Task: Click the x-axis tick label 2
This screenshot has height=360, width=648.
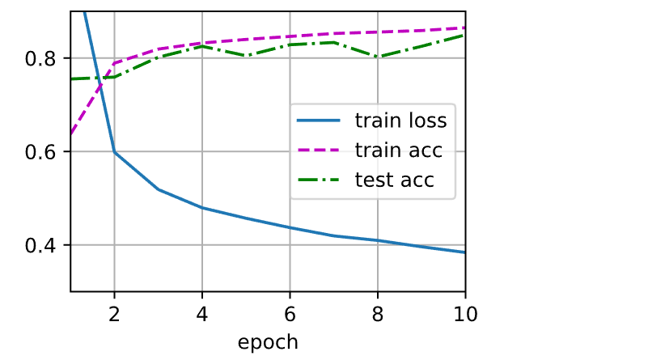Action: tap(114, 313)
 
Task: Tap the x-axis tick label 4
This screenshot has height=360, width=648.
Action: tap(201, 313)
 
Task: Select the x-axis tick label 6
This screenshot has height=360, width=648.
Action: tap(290, 313)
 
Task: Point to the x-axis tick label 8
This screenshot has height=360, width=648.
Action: tap(377, 313)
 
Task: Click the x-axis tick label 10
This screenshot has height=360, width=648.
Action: tap(464, 313)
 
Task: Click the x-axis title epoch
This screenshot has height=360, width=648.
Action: tap(268, 341)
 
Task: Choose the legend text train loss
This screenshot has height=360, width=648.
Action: tap(400, 122)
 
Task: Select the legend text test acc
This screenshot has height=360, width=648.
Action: tap(394, 180)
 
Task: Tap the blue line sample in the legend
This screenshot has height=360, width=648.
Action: tap(321, 122)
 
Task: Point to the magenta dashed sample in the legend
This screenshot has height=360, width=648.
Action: tap(321, 150)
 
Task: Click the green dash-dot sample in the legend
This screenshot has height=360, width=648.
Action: tap(321, 180)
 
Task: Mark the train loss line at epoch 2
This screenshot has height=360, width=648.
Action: tap(114, 152)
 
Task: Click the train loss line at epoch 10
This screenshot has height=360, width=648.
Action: tap(464, 252)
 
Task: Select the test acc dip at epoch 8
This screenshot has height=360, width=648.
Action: tap(377, 57)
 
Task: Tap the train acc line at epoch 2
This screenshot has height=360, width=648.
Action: tap(114, 63)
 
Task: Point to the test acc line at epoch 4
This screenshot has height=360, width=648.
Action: tap(201, 46)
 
